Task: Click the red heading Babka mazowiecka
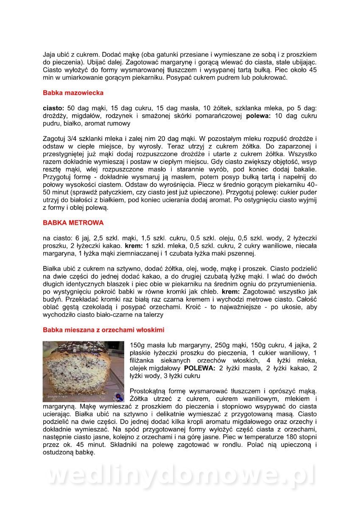(73, 92)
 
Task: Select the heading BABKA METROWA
(73, 223)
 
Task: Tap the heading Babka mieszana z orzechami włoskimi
(103, 330)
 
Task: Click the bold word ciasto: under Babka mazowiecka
(54, 108)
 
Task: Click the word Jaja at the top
(50, 55)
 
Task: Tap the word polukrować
(272, 78)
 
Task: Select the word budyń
(53, 300)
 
